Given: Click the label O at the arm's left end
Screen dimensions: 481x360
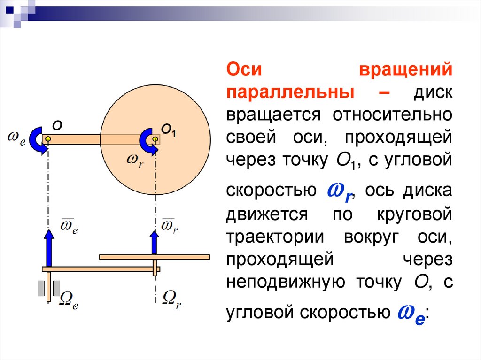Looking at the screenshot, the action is [57, 126].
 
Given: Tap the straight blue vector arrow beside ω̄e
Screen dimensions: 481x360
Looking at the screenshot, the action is [48, 247].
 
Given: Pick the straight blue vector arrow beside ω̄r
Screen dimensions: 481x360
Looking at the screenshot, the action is [155, 242].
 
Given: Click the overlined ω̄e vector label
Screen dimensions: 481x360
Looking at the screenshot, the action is [69, 226].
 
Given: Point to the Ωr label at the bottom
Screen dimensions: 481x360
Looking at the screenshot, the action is [171, 299].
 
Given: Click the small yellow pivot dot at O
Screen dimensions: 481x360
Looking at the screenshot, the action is [48, 139].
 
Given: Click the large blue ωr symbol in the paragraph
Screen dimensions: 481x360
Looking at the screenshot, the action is [340, 192].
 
